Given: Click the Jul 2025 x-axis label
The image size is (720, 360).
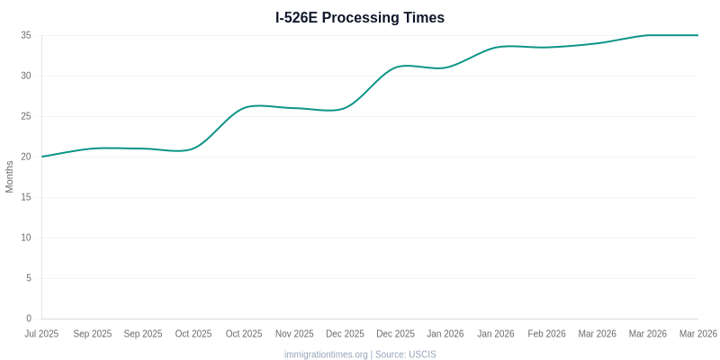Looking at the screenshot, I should pyautogui.click(x=41, y=334).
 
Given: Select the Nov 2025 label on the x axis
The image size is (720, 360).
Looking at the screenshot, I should pyautogui.click(x=294, y=334).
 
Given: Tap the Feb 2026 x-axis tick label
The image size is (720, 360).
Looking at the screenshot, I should pyautogui.click(x=547, y=334).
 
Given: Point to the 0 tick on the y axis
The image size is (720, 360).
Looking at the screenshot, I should pyautogui.click(x=29, y=319).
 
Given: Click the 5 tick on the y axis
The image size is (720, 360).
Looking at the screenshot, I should pyautogui.click(x=29, y=278).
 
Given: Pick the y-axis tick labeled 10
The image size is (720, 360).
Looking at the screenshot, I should pyautogui.click(x=26, y=238).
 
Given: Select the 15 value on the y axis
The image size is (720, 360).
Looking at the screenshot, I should pyautogui.click(x=26, y=197).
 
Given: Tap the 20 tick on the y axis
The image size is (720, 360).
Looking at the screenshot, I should pyautogui.click(x=26, y=157).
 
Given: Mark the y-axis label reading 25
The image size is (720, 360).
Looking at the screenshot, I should pyautogui.click(x=26, y=116).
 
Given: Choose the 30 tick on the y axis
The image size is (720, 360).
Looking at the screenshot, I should pyautogui.click(x=26, y=76).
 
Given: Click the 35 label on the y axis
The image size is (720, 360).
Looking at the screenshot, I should pyautogui.click(x=26, y=35).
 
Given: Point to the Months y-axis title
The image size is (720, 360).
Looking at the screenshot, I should pyautogui.click(x=10, y=176).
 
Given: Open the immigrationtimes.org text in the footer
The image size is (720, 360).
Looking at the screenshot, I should pyautogui.click(x=326, y=355).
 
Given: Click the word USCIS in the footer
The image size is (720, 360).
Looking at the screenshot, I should pyautogui.click(x=422, y=355).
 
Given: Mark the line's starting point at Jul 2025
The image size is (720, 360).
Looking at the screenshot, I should pyautogui.click(x=41, y=157).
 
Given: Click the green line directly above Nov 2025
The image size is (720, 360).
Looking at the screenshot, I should pyautogui.click(x=294, y=108).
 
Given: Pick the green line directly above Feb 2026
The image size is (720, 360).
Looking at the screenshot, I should pyautogui.click(x=547, y=47).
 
